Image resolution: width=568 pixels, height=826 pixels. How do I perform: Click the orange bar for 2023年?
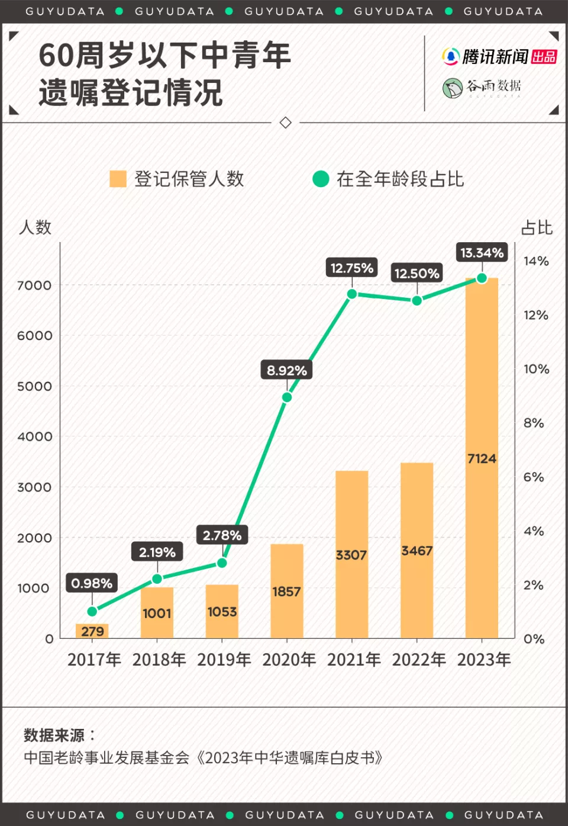tap(482, 457)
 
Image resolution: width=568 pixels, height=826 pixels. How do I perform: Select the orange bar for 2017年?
tap(92, 631)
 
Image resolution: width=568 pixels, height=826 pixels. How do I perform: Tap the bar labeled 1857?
tap(287, 590)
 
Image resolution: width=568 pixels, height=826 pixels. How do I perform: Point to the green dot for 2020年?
tap(287, 397)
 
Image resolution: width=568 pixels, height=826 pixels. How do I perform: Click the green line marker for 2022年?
tap(417, 300)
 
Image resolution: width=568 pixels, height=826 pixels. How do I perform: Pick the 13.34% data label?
tap(482, 253)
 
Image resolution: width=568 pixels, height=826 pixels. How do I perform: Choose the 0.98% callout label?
tap(92, 583)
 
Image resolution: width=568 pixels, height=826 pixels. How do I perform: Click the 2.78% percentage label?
tap(222, 535)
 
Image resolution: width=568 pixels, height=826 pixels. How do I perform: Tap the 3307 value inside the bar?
tap(351, 555)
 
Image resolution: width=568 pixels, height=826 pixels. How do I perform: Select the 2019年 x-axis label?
tap(224, 660)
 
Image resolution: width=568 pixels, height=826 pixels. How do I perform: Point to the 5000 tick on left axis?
tap(34, 386)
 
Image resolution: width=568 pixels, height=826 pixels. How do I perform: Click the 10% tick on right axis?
tap(536, 369)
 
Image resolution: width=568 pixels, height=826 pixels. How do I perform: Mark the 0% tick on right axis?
tap(534, 639)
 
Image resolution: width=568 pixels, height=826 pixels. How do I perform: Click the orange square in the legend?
tap(118, 179)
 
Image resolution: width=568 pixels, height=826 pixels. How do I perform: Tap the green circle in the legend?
tap(321, 179)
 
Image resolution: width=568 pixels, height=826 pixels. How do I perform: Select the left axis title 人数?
tap(35, 227)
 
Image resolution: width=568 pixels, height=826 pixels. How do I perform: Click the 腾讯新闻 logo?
tap(499, 57)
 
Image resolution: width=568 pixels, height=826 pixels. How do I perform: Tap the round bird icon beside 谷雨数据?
tap(453, 88)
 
